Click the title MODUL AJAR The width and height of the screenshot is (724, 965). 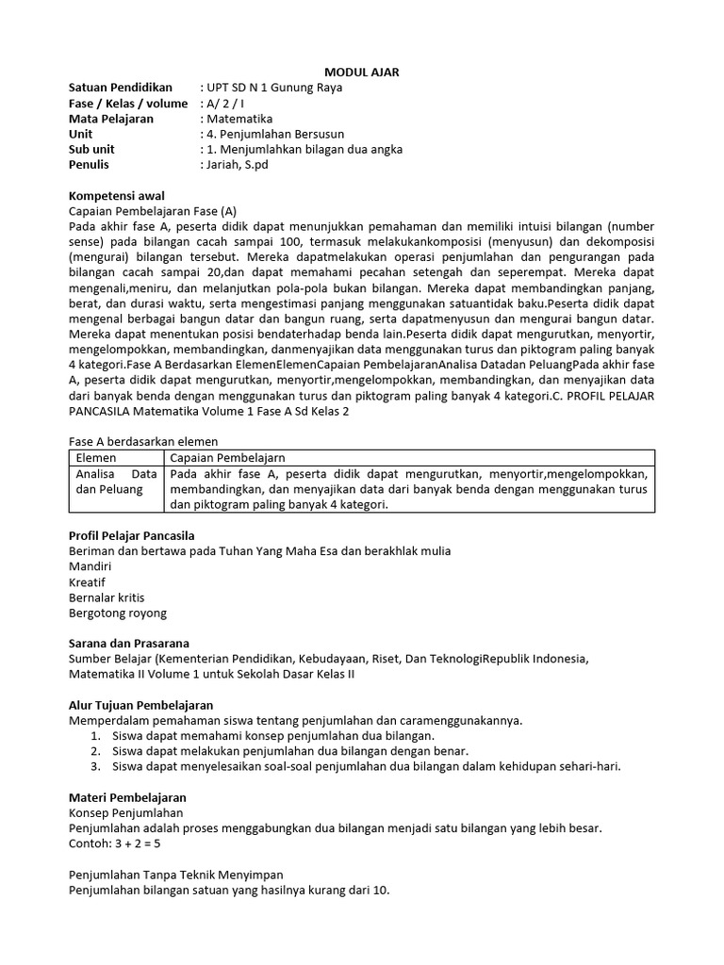point(361,73)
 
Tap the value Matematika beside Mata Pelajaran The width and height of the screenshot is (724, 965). point(237,119)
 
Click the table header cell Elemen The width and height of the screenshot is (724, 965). point(96,457)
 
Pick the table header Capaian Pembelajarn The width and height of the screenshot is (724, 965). point(226,457)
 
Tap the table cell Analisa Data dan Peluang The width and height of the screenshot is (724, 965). point(116,482)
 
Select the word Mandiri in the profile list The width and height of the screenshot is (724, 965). point(90,566)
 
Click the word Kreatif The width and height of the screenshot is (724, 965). point(89,581)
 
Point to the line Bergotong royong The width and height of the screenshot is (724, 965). point(117,613)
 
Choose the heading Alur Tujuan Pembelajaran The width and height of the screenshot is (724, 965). point(140,705)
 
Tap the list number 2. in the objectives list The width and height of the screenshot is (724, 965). point(95,751)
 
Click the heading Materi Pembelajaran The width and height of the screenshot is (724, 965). point(127,797)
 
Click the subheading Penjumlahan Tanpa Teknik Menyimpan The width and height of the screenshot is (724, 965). point(176,875)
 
